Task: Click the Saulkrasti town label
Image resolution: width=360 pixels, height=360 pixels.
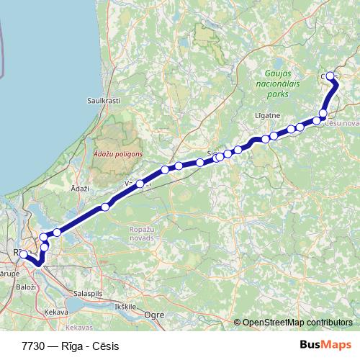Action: point(103,101)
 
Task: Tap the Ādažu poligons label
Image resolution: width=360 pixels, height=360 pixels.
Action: point(118,153)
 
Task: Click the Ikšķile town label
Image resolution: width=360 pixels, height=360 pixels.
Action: point(125,306)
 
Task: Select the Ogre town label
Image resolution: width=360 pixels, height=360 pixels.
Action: point(156,314)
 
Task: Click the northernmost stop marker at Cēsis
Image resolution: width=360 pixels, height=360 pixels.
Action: point(330,76)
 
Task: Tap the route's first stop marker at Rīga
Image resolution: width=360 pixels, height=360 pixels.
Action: point(23,253)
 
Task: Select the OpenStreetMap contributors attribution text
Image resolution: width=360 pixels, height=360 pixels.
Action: point(297,322)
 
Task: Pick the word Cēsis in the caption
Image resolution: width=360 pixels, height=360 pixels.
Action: point(105,346)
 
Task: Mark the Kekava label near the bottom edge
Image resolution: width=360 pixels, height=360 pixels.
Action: point(55,312)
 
